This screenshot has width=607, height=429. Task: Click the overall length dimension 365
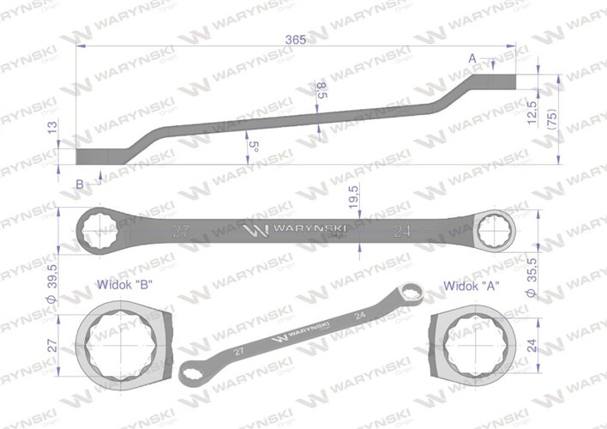click(296, 39)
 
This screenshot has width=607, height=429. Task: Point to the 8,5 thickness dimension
click(322, 90)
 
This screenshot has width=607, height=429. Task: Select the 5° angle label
click(253, 147)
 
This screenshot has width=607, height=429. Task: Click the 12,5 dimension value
click(532, 112)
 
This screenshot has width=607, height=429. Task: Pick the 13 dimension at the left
click(52, 127)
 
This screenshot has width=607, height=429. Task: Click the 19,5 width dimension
click(353, 196)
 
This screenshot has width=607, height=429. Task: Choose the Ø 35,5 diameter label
click(532, 278)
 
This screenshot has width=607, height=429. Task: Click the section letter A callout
click(472, 58)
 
